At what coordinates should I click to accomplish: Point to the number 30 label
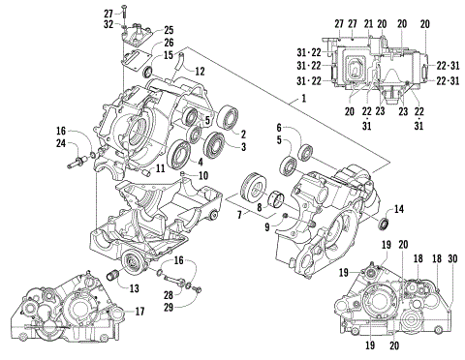pos(452,258)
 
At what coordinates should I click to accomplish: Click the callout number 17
pos(139,311)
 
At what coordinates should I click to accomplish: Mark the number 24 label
pos(60,145)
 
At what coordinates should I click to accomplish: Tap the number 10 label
pos(203,175)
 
